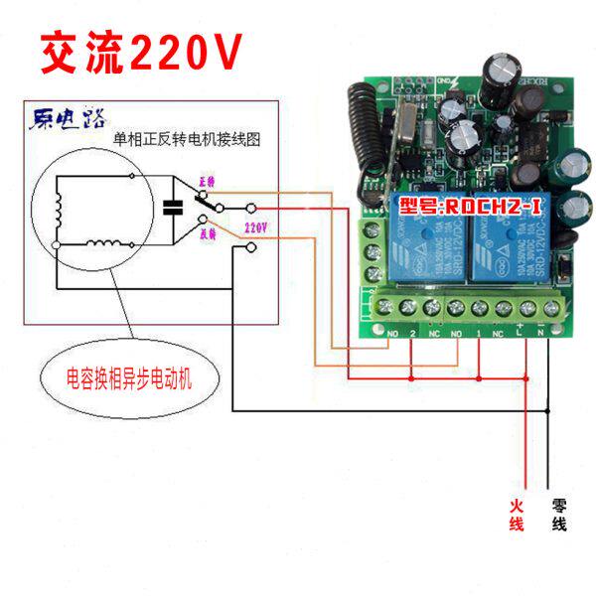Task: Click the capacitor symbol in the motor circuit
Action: (x=173, y=208)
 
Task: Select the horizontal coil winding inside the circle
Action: (x=105, y=244)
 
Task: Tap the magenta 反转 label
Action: (x=209, y=235)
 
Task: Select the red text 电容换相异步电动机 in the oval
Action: (x=128, y=378)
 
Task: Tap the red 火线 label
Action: (x=517, y=516)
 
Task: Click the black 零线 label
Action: (x=558, y=516)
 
